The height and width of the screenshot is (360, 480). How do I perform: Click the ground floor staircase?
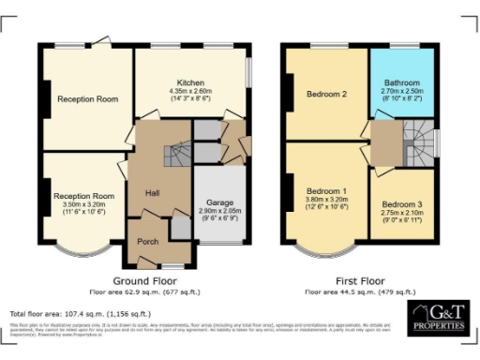pyautogui.click(x=175, y=155)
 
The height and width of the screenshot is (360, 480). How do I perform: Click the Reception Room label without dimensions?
pyautogui.click(x=86, y=98)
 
